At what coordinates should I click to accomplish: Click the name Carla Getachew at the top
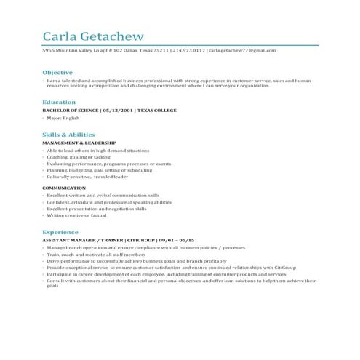[92, 36]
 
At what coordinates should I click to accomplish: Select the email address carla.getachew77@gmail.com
[243, 50]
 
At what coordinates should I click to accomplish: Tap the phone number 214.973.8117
[188, 50]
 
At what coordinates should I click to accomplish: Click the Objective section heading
[57, 73]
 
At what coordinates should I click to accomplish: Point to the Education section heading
[58, 103]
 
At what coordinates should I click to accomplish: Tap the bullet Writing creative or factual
[77, 215]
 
